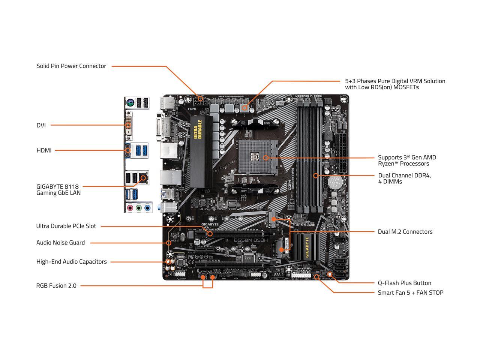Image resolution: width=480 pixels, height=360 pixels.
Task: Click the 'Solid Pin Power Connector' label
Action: (71, 66)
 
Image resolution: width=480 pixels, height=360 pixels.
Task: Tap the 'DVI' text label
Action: (41, 125)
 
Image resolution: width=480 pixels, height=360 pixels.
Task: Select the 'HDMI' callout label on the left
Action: (44, 150)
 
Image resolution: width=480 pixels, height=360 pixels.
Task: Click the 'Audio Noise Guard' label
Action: (60, 243)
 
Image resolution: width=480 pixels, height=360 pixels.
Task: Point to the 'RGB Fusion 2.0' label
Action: (56, 286)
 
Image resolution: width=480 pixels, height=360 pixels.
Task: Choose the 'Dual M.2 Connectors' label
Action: (405, 232)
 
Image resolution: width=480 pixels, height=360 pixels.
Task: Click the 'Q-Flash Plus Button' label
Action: (404, 283)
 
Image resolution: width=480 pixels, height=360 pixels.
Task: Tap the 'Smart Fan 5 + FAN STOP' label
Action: (410, 292)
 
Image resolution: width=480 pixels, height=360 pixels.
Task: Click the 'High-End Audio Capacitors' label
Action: (71, 262)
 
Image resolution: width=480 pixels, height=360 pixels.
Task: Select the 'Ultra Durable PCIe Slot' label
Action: (66, 226)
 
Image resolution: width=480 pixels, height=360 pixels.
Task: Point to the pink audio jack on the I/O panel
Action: (130, 208)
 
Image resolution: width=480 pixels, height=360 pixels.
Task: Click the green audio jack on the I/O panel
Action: (139, 208)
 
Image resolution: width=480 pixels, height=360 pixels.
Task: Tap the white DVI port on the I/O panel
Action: (129, 123)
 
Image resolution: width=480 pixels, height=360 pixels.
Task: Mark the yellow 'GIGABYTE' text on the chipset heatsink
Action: (307, 247)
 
